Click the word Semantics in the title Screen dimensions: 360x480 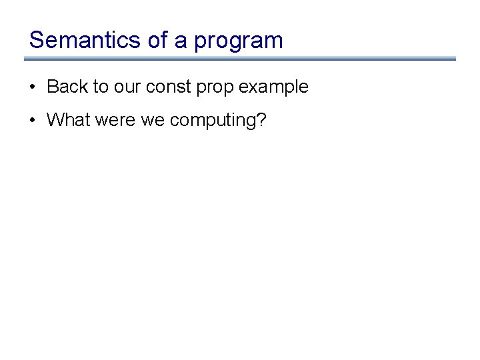pyautogui.click(x=84, y=40)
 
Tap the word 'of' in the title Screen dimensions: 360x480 pyautogui.click(x=157, y=40)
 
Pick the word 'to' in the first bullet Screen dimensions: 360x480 pyautogui.click(x=98, y=87)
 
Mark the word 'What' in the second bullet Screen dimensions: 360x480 pyautogui.click(x=65, y=121)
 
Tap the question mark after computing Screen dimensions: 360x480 pyautogui.click(x=261, y=120)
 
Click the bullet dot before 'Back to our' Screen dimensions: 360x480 pyautogui.click(x=32, y=87)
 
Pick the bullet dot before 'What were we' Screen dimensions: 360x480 pyautogui.click(x=32, y=121)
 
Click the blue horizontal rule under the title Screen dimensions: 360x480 pyautogui.click(x=240, y=59)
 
